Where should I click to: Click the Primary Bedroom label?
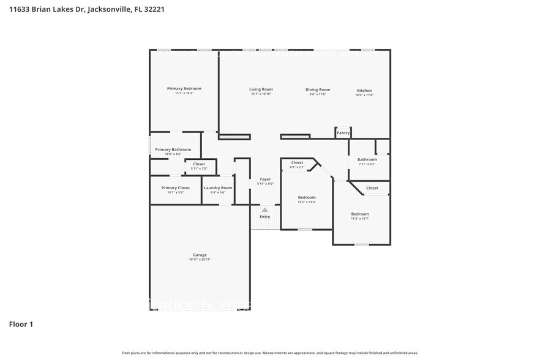(x=184, y=89)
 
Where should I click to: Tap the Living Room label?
(x=261, y=89)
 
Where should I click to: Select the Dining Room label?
(x=318, y=89)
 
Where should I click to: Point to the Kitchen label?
(x=364, y=91)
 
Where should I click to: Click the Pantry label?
(x=343, y=133)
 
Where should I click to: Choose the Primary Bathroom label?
(x=173, y=149)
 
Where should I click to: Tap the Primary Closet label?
(x=175, y=188)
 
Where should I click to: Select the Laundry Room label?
(x=218, y=188)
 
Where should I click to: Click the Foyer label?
(x=264, y=179)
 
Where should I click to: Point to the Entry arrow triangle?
(x=264, y=209)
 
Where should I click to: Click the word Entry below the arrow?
(x=264, y=217)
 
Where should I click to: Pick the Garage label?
(x=200, y=255)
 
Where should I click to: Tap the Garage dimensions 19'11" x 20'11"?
(x=200, y=260)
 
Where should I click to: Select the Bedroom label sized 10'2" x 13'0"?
(x=307, y=197)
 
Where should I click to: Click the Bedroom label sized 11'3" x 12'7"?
(x=360, y=214)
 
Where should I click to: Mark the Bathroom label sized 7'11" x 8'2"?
(x=367, y=159)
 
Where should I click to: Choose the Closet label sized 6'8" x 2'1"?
(x=297, y=162)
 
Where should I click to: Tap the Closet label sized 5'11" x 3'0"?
(x=199, y=164)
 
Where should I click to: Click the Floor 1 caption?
(x=21, y=324)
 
